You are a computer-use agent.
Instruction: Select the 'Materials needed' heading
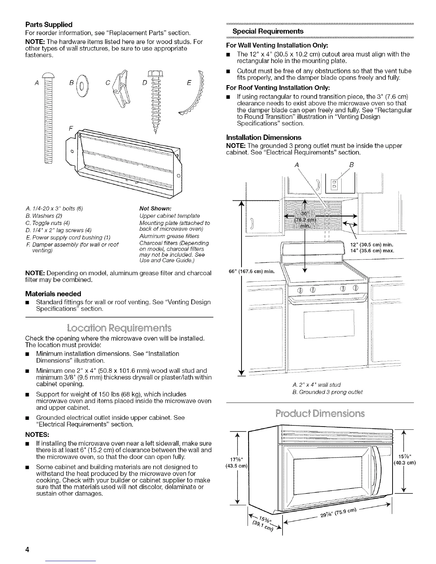pyautogui.click(x=53, y=294)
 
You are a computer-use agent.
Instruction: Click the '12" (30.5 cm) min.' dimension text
pyautogui.click(x=374, y=245)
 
